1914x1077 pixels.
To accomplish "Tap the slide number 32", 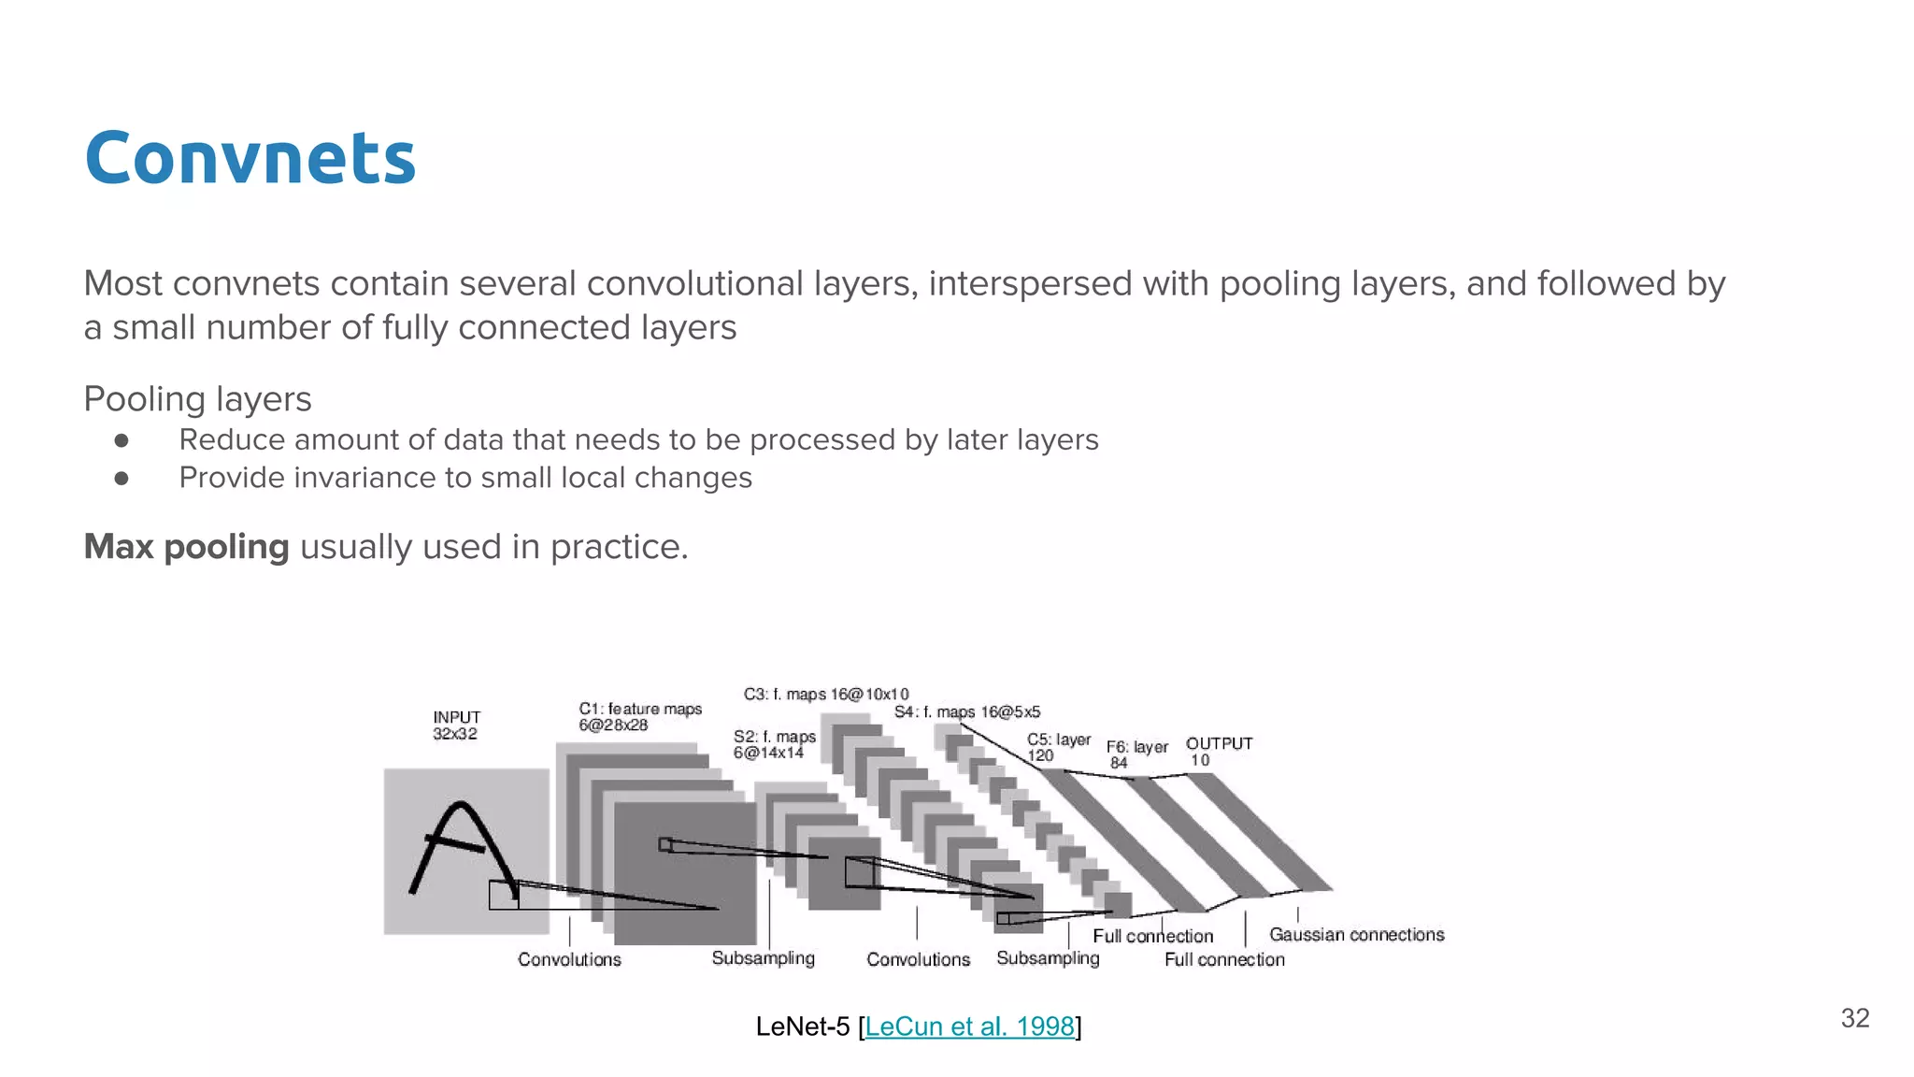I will click(x=1854, y=1018).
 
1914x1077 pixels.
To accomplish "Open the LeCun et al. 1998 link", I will click(x=969, y=1027).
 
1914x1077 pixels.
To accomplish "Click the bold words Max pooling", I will click(x=186, y=547).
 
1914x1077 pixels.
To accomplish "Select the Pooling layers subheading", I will click(x=197, y=399).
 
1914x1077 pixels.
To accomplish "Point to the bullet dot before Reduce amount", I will click(x=121, y=439).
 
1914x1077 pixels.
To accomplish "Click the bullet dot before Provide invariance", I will click(x=121, y=478).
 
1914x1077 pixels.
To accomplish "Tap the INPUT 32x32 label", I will click(x=456, y=725).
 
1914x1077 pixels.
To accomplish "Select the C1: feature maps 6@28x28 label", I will click(x=639, y=717).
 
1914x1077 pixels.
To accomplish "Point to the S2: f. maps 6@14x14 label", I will click(x=774, y=744).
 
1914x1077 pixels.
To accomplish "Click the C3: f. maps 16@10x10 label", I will click(x=825, y=694).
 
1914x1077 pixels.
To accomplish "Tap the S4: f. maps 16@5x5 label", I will click(x=966, y=712).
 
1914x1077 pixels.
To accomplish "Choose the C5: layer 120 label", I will click(x=1057, y=747).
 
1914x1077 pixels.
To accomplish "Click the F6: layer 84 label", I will click(x=1136, y=754).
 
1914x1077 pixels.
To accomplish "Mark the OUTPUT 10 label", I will click(x=1218, y=752).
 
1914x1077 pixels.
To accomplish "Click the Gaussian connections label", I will click(x=1356, y=935).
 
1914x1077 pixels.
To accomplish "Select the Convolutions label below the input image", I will click(x=569, y=959).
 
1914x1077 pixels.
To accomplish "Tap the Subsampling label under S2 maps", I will click(x=763, y=958).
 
